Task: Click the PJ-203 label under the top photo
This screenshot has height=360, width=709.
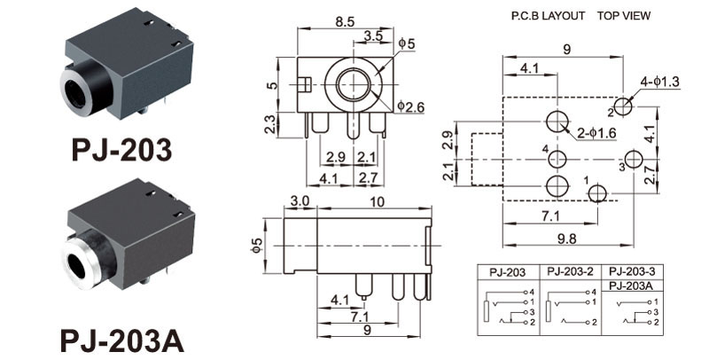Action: [121, 150]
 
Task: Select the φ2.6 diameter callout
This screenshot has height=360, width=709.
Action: [411, 107]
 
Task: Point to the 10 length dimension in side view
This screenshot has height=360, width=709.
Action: [378, 202]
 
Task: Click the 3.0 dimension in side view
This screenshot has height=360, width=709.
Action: [299, 202]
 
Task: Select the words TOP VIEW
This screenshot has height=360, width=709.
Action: [624, 16]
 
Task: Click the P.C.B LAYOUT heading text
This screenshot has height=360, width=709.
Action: [549, 16]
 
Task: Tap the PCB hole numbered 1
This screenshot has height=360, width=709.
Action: [597, 192]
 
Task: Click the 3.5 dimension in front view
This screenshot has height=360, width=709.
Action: [374, 37]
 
